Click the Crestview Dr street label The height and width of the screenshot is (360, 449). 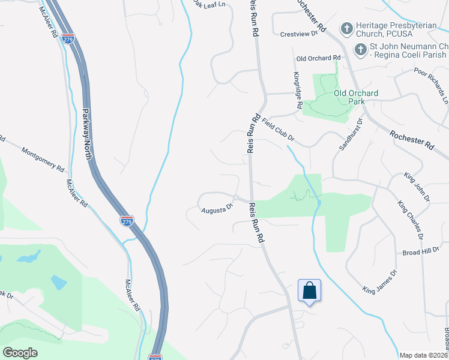click(298, 34)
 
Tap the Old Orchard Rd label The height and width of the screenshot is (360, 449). click(318, 58)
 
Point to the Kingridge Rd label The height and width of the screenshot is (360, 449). click(297, 91)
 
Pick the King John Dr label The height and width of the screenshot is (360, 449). click(417, 187)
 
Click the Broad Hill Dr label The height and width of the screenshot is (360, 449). click(421, 252)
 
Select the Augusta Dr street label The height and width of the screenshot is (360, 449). click(217, 208)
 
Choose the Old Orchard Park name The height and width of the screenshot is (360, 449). click(356, 97)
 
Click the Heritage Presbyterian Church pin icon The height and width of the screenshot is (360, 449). click(346, 28)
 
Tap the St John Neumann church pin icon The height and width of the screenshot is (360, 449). click(360, 49)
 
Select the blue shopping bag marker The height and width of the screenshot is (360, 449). click(309, 291)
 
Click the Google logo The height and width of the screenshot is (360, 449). click(20, 353)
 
